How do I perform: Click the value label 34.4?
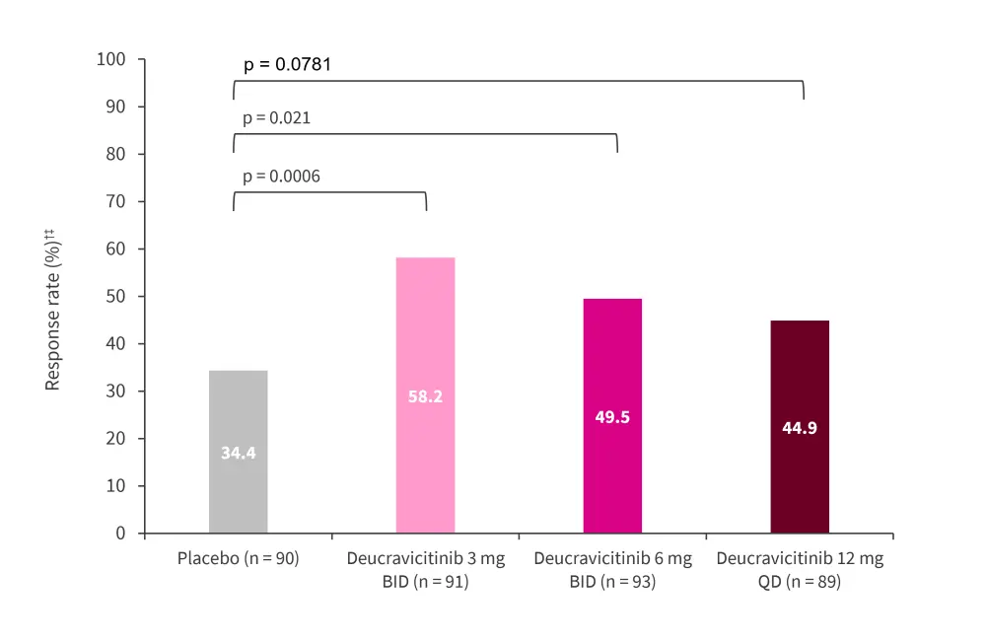coord(238,454)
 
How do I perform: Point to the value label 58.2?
coord(425,397)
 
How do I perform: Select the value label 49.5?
coord(612,416)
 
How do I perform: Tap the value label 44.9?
coord(800,428)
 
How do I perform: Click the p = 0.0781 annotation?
coord(287,65)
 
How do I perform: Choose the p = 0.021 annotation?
coord(276,118)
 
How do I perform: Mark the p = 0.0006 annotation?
coord(281,178)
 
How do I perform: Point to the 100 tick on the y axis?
coord(111,60)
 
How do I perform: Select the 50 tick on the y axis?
coord(116,297)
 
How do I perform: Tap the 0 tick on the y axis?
coord(121,534)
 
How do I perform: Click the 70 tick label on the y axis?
coord(116,202)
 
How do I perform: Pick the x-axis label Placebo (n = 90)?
coord(238,559)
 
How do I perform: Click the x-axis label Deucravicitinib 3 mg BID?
coord(425,570)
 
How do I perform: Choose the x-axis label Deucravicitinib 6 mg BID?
coord(612,570)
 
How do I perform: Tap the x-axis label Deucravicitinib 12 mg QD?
coord(800,570)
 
